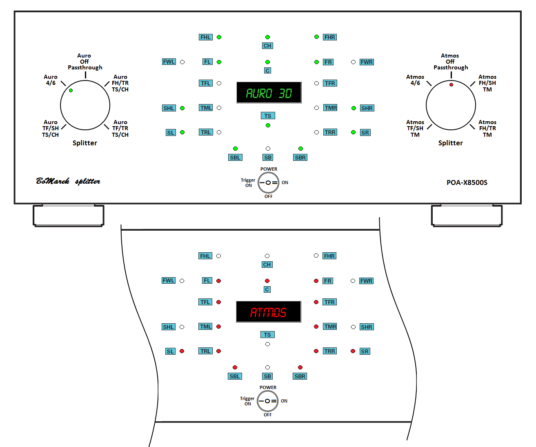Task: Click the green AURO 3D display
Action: click(269, 93)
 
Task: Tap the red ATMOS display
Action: click(268, 312)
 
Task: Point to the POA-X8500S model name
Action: click(467, 182)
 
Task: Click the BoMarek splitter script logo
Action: click(68, 181)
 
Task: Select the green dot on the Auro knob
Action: click(71, 90)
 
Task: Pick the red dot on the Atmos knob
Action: click(451, 85)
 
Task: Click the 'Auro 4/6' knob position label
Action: click(51, 80)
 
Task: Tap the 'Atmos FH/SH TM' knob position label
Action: click(487, 83)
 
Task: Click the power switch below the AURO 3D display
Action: click(268, 182)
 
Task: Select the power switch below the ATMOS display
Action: click(267, 401)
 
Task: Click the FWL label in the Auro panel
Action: click(169, 62)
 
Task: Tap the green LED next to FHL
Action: click(219, 37)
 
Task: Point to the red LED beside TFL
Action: click(219, 302)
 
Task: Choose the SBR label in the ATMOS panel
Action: click(300, 376)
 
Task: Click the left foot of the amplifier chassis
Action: click(68, 215)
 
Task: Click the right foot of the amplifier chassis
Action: click(467, 215)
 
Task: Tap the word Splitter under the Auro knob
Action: click(85, 143)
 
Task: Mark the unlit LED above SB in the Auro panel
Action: click(268, 149)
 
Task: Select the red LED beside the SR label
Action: click(353, 351)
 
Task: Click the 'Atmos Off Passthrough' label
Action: click(450, 62)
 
